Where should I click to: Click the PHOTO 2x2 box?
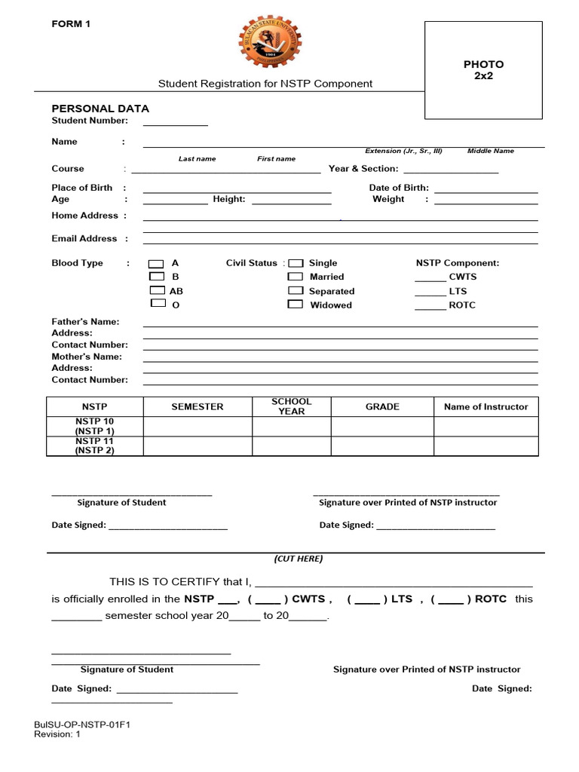483,70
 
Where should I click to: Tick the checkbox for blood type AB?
156,290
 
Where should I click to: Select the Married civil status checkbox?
296,277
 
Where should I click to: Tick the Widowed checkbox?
296,305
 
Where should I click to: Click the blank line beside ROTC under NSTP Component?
430,306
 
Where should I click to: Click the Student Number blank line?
175,123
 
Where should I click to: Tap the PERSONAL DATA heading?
100,108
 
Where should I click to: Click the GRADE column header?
382,406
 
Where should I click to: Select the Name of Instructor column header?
486,406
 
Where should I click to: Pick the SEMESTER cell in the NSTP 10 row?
198,427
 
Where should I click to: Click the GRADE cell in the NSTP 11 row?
382,446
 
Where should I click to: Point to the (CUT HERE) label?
298,559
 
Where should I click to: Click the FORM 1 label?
71,24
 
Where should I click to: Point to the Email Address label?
84,238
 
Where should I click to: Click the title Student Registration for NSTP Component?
265,84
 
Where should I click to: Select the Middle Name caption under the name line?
490,151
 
